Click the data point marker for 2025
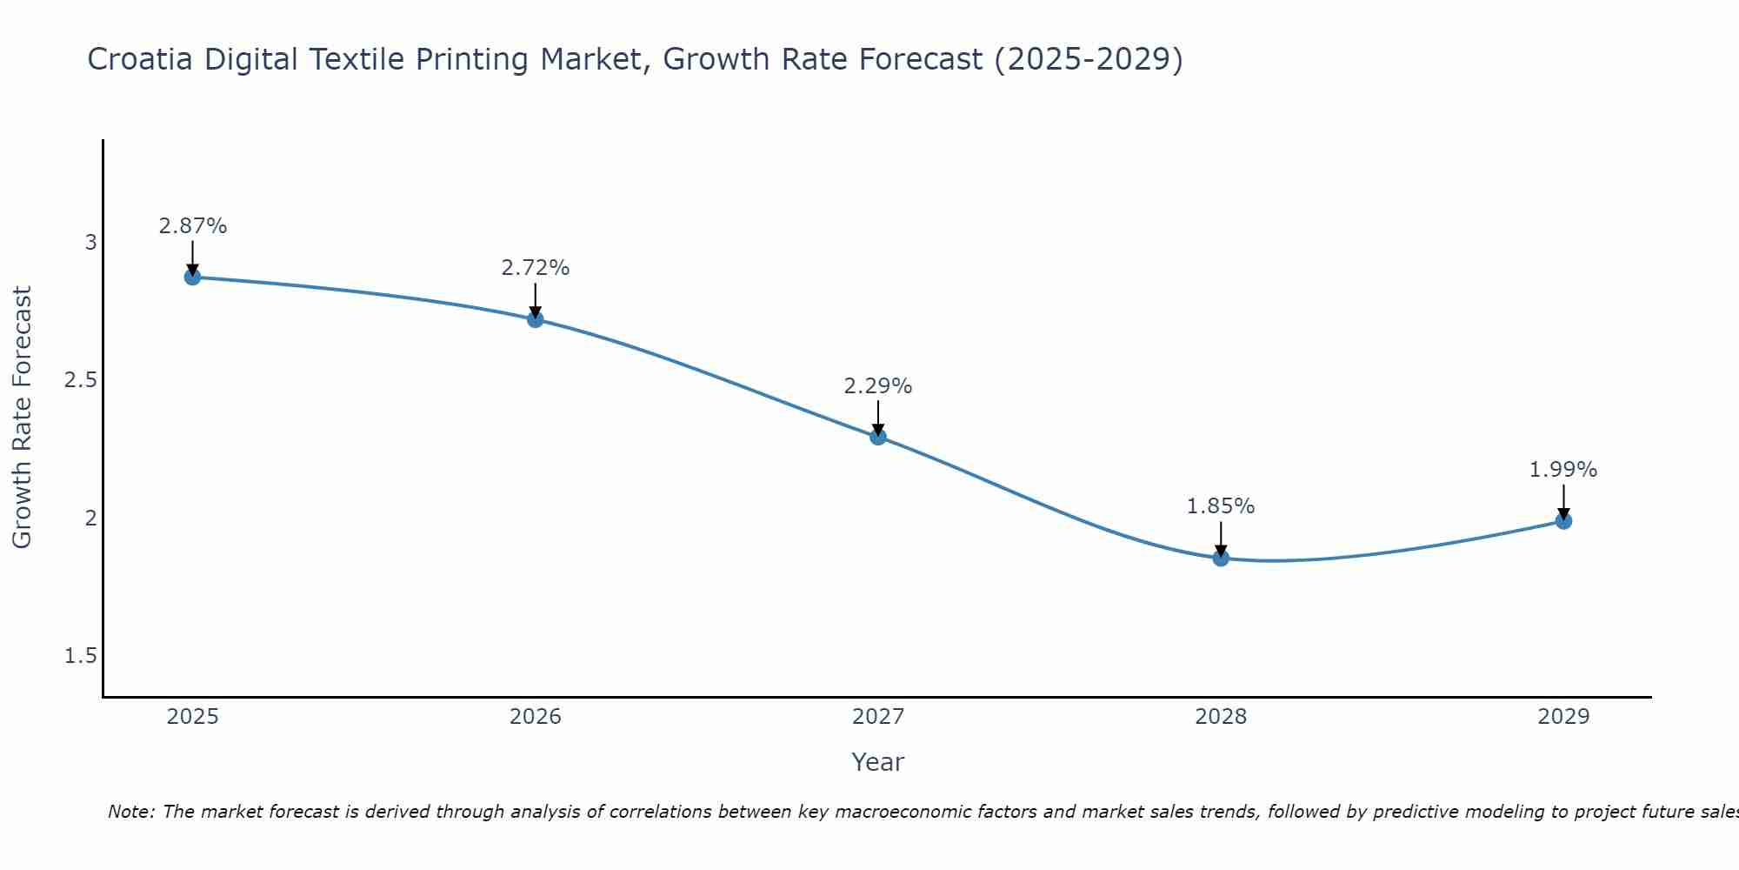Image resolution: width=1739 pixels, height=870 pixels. click(x=192, y=277)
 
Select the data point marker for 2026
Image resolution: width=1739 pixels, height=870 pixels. click(x=536, y=319)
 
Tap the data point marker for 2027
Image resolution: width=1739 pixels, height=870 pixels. click(x=878, y=437)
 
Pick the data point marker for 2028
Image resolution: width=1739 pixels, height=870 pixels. click(x=1221, y=559)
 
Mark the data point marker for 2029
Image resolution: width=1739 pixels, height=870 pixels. click(x=1563, y=521)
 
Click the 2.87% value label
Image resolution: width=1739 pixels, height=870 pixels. click(x=192, y=226)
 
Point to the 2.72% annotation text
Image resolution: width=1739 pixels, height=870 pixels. click(x=536, y=268)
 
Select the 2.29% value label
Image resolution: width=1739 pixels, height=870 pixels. click(x=878, y=386)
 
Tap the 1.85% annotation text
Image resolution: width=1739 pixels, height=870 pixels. click(x=1221, y=506)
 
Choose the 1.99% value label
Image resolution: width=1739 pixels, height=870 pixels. click(x=1563, y=470)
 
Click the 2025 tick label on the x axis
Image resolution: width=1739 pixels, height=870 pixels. click(x=192, y=717)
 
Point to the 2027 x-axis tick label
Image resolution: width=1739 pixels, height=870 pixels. click(x=878, y=717)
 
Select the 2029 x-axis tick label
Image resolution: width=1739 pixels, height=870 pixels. click(x=1563, y=717)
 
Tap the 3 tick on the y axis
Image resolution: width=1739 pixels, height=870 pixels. click(x=90, y=242)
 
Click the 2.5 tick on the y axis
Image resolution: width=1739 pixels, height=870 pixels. click(x=80, y=380)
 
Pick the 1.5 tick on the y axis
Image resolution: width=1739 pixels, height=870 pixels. click(x=80, y=656)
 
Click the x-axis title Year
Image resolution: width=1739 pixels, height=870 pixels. click(x=878, y=762)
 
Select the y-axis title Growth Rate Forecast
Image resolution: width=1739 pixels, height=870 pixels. click(x=22, y=418)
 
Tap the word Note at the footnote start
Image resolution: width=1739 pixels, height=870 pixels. click(x=130, y=812)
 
